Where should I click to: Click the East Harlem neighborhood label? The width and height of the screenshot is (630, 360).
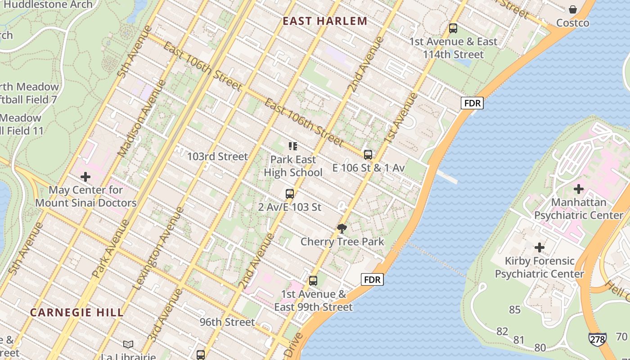pyautogui.click(x=325, y=21)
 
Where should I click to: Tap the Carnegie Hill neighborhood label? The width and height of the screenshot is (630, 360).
pyautogui.click(x=76, y=312)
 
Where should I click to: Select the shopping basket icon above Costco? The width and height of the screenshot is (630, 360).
pyautogui.click(x=572, y=9)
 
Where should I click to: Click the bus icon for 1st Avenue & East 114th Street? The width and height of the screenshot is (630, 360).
pyautogui.click(x=453, y=28)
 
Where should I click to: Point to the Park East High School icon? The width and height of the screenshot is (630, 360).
pyautogui.click(x=293, y=146)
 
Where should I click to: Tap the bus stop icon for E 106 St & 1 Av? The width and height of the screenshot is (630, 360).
pyautogui.click(x=368, y=155)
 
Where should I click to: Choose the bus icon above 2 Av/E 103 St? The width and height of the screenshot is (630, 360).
pyautogui.click(x=289, y=194)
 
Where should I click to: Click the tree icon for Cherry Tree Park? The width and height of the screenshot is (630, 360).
pyautogui.click(x=342, y=229)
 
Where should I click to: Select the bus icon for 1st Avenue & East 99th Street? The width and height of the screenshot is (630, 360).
pyautogui.click(x=313, y=281)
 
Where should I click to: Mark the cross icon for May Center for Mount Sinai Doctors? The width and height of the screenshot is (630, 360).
pyautogui.click(x=85, y=177)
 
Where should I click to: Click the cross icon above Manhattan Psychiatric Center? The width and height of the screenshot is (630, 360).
pyautogui.click(x=578, y=189)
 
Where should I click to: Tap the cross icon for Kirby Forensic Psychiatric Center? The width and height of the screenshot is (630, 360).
pyautogui.click(x=539, y=247)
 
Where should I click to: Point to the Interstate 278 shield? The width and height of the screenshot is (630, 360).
pyautogui.click(x=597, y=339)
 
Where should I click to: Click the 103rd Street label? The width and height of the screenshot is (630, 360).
pyautogui.click(x=217, y=157)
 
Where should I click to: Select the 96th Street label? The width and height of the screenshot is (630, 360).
pyautogui.click(x=227, y=322)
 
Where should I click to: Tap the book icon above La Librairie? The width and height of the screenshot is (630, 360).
pyautogui.click(x=128, y=344)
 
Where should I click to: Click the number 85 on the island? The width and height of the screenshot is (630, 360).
pyautogui.click(x=515, y=310)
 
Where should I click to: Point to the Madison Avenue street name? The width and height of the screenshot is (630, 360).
pyautogui.click(x=141, y=118)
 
